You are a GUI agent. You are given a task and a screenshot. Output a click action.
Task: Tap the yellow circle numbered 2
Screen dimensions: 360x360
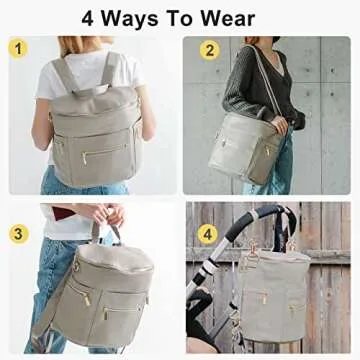coord(210,50)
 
